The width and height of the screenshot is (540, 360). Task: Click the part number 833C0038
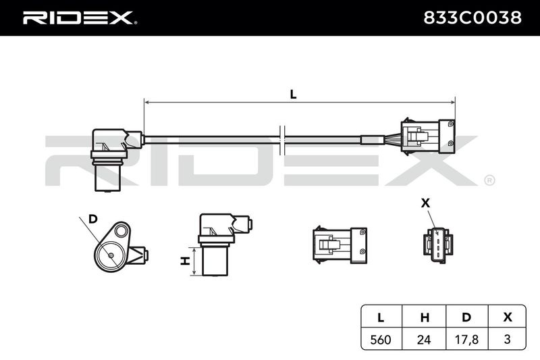point(472,18)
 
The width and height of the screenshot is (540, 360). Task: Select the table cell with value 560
point(381,339)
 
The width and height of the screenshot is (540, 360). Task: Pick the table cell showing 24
point(424,339)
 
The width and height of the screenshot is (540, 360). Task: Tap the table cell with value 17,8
point(467,339)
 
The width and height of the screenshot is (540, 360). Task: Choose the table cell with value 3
point(507,339)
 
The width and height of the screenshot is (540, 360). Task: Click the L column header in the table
point(381,317)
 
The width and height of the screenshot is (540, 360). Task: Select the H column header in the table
point(424,317)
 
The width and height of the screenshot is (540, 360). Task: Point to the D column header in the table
point(467,317)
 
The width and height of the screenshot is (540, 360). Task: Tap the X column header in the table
point(507,317)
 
